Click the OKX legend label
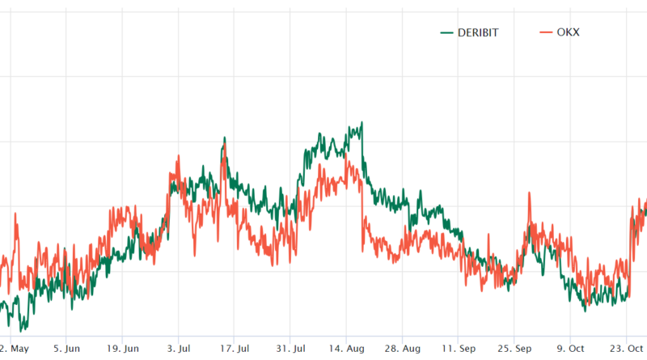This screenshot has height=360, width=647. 569,32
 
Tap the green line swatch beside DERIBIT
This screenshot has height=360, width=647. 446,32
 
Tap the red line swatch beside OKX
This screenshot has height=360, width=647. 544,32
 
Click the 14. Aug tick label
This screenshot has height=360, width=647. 346,349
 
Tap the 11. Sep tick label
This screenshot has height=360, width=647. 458,349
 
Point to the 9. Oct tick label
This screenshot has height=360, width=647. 571,349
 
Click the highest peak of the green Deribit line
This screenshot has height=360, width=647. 361,123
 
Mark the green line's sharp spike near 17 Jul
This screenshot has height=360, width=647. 224,138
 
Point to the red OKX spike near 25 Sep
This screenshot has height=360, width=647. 529,194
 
